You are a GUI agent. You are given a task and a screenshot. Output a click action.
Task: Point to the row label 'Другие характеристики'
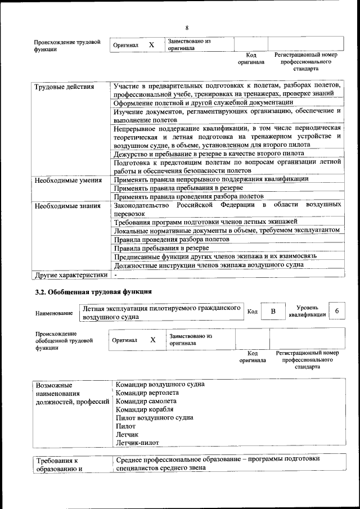(70, 276)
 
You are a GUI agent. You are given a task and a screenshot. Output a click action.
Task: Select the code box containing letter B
(273, 312)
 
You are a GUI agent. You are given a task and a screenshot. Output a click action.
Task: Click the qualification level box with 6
(337, 311)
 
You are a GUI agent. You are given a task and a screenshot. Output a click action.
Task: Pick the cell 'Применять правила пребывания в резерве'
(178, 187)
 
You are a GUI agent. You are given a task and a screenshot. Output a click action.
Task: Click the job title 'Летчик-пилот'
(138, 443)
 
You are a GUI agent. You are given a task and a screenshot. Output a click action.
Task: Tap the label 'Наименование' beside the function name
(53, 313)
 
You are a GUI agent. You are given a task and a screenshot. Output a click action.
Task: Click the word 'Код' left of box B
(253, 312)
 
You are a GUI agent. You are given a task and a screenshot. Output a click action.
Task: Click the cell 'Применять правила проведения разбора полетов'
(188, 196)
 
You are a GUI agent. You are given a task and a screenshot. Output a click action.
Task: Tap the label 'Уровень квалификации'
(307, 311)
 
